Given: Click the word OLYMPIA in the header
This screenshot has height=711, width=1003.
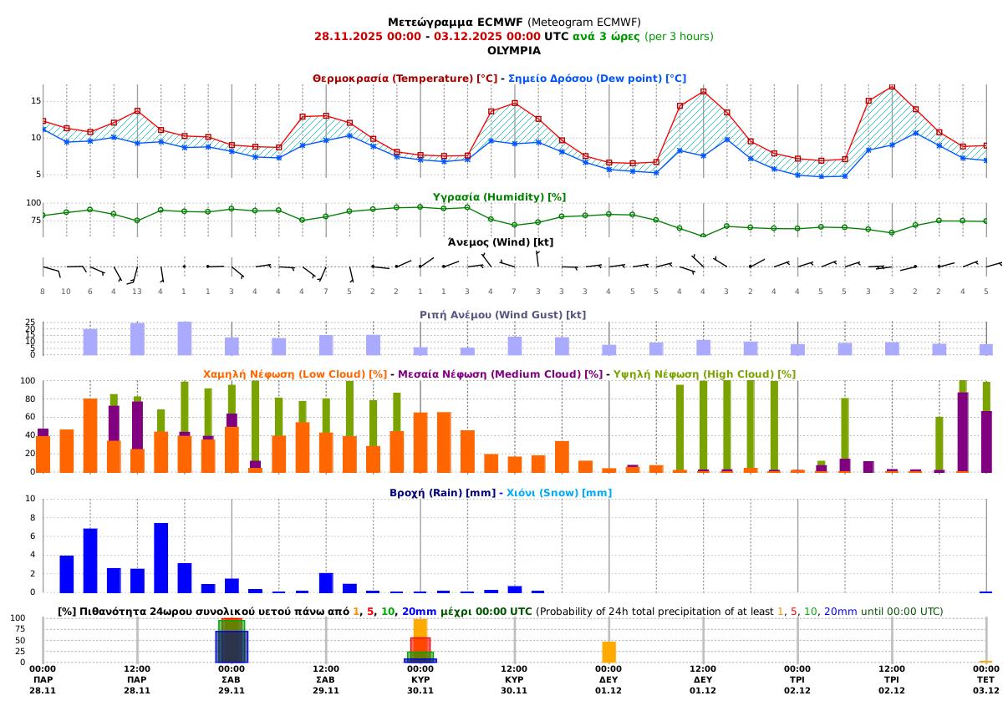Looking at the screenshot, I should pyautogui.click(x=513, y=50).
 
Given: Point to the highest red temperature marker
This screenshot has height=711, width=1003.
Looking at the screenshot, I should pyautogui.click(x=892, y=86).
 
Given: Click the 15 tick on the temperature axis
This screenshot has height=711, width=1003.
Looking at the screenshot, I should pyautogui.click(x=36, y=100).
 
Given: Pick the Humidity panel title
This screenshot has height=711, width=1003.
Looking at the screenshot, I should pyautogui.click(x=499, y=197).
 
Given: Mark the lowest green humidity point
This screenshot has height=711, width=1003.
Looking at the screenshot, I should pyautogui.click(x=703, y=236).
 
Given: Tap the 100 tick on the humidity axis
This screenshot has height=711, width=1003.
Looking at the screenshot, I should pyautogui.click(x=33, y=203).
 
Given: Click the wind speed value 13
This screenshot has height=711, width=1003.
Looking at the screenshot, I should pyautogui.click(x=137, y=292).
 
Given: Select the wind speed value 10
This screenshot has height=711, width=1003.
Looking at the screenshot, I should pyautogui.click(x=66, y=292).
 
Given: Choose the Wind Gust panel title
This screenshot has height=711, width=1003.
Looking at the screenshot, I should pyautogui.click(x=502, y=315).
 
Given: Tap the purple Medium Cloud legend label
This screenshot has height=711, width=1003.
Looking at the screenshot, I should pyautogui.click(x=500, y=374).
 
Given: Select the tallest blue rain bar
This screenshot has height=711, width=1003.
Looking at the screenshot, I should pyautogui.click(x=161, y=557).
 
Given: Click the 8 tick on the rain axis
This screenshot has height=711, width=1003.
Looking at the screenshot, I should pyautogui.click(x=32, y=518).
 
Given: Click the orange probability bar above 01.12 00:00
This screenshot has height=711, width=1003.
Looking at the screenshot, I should pyautogui.click(x=608, y=652).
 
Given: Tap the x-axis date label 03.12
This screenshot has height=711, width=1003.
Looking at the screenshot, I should pyautogui.click(x=985, y=691).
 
